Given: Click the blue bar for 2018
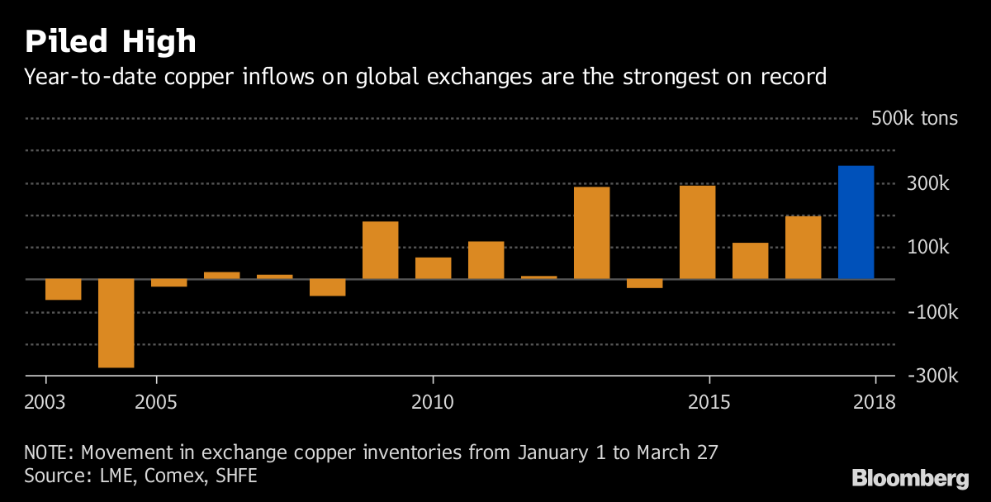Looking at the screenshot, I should click(x=856, y=222).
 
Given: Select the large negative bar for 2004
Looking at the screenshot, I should click(x=116, y=323).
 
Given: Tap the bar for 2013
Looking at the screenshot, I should click(x=591, y=233).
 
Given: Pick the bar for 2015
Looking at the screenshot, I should click(x=697, y=232).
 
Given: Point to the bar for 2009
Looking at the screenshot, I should click(x=380, y=250).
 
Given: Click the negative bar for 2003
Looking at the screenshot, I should click(x=64, y=289).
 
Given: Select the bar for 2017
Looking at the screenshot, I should click(x=803, y=248).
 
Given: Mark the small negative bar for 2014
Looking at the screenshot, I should click(x=644, y=283).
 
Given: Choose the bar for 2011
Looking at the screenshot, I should click(x=486, y=260).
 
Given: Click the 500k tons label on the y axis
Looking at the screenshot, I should click(x=914, y=118).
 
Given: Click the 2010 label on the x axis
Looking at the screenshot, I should click(x=432, y=402).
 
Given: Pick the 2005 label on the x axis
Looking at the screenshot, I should click(x=156, y=402).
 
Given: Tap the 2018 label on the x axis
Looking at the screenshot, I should click(x=874, y=402).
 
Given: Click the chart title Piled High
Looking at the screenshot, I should click(x=110, y=41).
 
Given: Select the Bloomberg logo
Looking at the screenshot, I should click(x=910, y=477).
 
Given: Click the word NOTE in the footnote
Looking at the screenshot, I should click(x=48, y=452).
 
